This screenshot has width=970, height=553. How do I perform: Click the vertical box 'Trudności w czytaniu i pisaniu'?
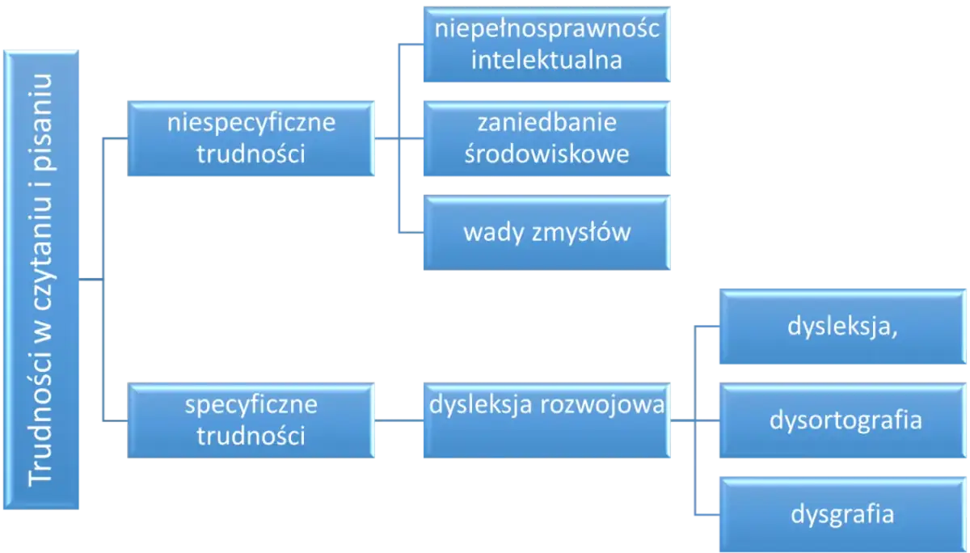pyautogui.click(x=41, y=280)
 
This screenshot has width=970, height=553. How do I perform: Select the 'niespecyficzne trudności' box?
pyautogui.click(x=251, y=139)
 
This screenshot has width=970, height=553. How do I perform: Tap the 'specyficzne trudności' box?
pyautogui.click(x=251, y=420)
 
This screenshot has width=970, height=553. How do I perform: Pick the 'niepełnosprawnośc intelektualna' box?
pyautogui.click(x=546, y=44)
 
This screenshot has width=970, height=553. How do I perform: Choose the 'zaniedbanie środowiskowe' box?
pyautogui.click(x=546, y=139)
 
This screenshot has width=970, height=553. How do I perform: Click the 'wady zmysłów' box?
pyautogui.click(x=546, y=233)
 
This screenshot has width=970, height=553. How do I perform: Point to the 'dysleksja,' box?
pyautogui.click(x=843, y=329)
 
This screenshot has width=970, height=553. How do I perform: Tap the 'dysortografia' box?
pyautogui.click(x=843, y=421)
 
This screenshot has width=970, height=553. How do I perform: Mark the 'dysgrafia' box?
pyautogui.click(x=843, y=514)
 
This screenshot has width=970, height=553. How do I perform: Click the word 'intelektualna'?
pyautogui.click(x=546, y=60)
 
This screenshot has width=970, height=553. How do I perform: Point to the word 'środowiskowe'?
pyautogui.click(x=546, y=154)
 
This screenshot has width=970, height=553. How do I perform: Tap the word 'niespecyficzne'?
pyautogui.click(x=251, y=124)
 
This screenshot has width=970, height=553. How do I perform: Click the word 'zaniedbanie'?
pyautogui.click(x=546, y=124)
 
